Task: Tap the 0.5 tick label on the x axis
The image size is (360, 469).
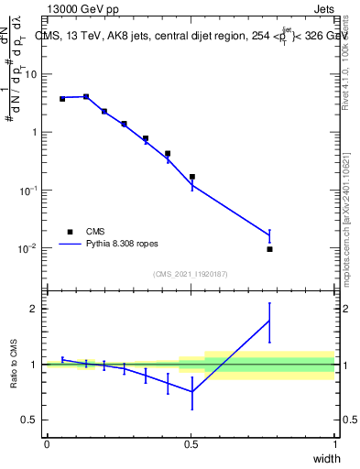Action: (191, 444)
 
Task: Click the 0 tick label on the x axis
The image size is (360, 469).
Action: (47, 444)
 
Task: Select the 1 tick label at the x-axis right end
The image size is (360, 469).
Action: (334, 444)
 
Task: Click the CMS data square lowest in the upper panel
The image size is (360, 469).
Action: (269, 249)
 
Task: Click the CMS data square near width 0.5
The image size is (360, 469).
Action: (192, 177)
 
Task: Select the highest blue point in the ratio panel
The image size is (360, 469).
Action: (269, 320)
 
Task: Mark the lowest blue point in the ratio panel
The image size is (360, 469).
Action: (192, 392)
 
